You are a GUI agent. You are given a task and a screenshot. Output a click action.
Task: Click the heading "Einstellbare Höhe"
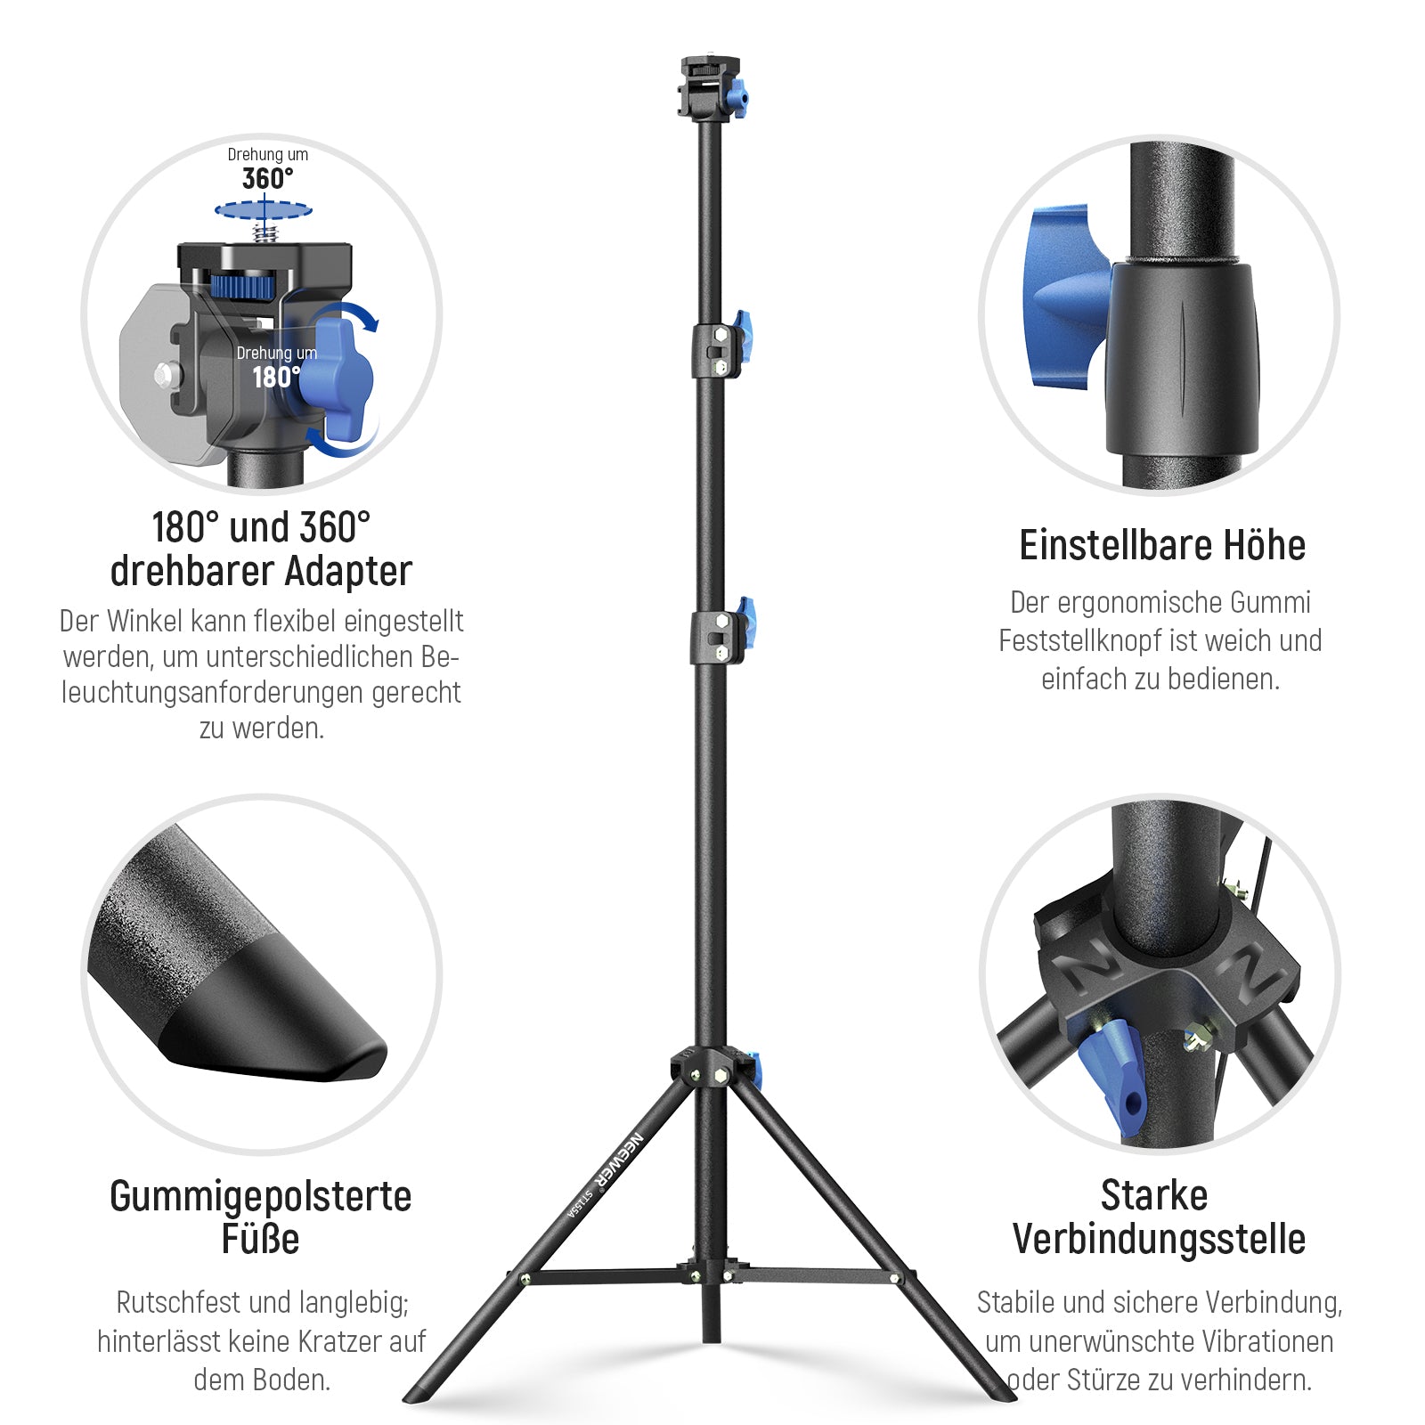coord(1162,545)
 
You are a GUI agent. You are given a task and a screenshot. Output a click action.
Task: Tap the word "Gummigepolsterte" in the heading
coord(261,1196)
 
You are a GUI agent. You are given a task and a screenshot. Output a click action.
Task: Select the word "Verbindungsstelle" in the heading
coord(1159,1239)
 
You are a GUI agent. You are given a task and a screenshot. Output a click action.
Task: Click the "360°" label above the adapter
coord(267,179)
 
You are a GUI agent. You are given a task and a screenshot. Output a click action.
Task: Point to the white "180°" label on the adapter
coord(276,378)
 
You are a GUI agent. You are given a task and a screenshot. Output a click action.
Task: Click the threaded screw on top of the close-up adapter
coord(264,232)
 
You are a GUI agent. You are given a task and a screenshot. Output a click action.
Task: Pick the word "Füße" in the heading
coord(260,1239)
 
